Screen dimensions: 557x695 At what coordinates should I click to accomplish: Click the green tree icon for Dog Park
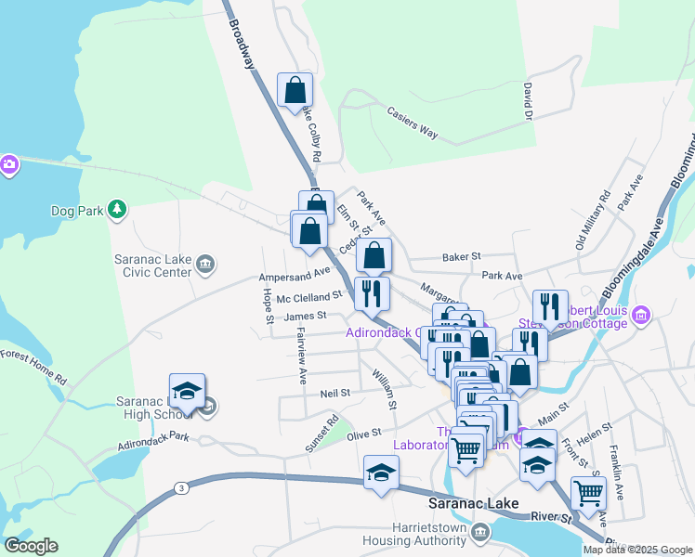117,210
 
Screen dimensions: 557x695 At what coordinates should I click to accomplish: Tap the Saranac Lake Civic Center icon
205,266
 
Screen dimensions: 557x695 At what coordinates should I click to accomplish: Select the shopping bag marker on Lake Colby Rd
295,91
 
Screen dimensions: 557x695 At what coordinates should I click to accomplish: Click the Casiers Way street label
412,122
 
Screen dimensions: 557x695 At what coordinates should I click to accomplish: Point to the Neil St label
334,393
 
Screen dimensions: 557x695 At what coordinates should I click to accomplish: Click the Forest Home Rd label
33,367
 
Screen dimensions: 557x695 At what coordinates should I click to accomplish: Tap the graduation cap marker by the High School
187,393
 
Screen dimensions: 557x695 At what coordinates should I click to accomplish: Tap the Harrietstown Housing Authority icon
479,532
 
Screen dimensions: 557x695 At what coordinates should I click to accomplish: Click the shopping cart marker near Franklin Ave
588,494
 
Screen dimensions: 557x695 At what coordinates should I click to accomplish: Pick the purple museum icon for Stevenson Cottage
639,317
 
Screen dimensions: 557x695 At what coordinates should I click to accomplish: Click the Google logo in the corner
31,546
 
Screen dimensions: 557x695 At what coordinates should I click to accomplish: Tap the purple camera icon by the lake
8,164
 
